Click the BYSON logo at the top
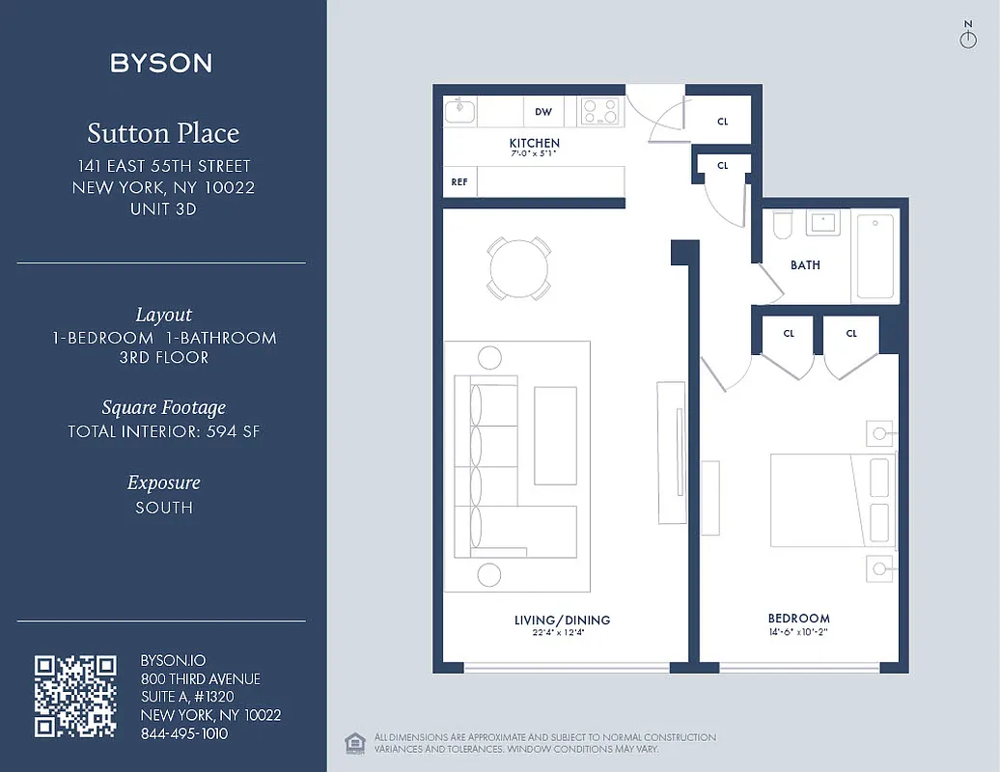tap(161, 64)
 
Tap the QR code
tap(75, 696)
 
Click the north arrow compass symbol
tap(968, 37)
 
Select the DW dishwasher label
tap(543, 112)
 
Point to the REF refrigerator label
tap(459, 181)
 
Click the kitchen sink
tap(460, 112)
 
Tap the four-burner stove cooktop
tap(599, 112)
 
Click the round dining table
tap(518, 268)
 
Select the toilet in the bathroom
tap(782, 225)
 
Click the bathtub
tap(875, 256)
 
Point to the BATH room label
tap(805, 265)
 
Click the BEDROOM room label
tap(798, 619)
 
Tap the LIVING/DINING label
tap(562, 620)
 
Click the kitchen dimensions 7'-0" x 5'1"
tap(534, 153)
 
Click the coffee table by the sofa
tap(555, 435)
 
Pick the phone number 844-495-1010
tap(184, 733)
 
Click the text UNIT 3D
tap(163, 208)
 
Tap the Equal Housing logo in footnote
tap(354, 742)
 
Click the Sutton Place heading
tap(163, 133)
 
